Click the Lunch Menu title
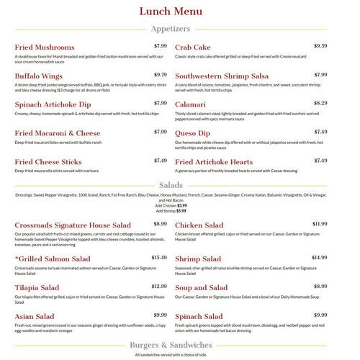pyautogui.click(x=181, y=12)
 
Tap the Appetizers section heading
pyautogui.click(x=180, y=30)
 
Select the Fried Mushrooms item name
pyautogui.click(x=45, y=48)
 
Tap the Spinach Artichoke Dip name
pyautogui.click(x=53, y=104)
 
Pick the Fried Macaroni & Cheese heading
pyautogui.click(x=58, y=133)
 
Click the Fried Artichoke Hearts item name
pyautogui.click(x=214, y=162)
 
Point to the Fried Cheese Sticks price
pyautogui.click(x=160, y=161)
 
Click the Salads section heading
pyautogui.click(x=180, y=185)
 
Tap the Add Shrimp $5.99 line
pyautogui.click(x=181, y=211)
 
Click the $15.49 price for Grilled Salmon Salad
pyautogui.click(x=158, y=257)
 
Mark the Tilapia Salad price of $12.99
pyautogui.click(x=158, y=286)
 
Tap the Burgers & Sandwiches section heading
pyautogui.click(x=180, y=346)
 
